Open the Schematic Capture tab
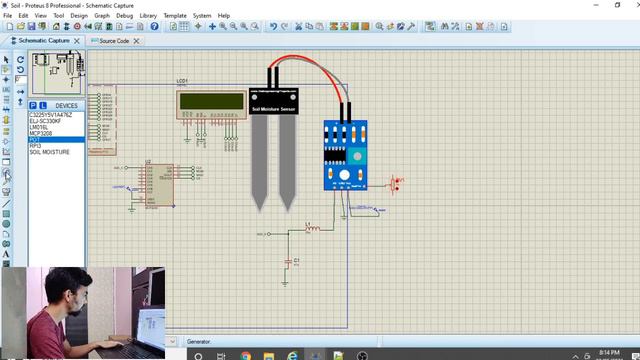45,41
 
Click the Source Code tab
113,41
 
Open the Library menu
148,16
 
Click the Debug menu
124,16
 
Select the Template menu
175,16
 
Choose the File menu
9,16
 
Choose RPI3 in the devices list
35,146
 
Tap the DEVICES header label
66,105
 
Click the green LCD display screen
211,101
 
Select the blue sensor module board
345,155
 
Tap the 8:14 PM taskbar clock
607,352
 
